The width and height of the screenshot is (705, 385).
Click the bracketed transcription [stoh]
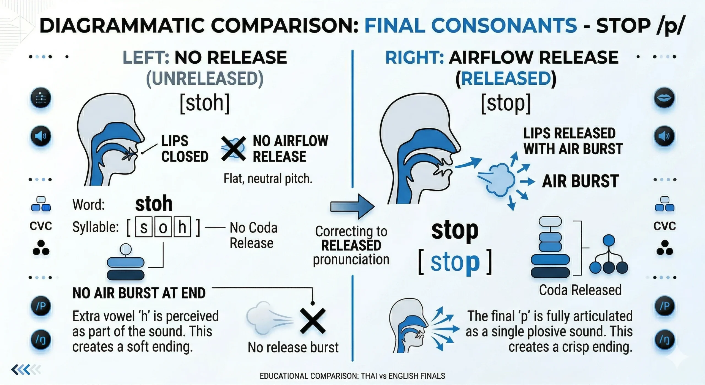click(x=205, y=103)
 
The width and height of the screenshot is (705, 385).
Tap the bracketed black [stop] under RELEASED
click(x=506, y=103)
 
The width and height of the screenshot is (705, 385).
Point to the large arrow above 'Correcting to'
click(x=352, y=206)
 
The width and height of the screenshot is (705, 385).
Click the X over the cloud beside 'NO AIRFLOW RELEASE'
click(x=234, y=148)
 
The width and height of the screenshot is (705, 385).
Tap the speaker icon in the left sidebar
click(x=41, y=136)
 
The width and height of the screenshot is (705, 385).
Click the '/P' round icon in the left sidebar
click(x=41, y=306)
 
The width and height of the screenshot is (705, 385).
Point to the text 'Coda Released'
click(x=580, y=290)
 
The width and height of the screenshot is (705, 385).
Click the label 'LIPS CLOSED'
click(x=185, y=149)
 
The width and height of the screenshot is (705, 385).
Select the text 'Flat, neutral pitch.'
click(x=268, y=178)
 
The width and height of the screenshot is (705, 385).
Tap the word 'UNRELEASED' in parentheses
click(x=205, y=79)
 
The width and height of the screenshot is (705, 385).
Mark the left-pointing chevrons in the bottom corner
click(x=26, y=370)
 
